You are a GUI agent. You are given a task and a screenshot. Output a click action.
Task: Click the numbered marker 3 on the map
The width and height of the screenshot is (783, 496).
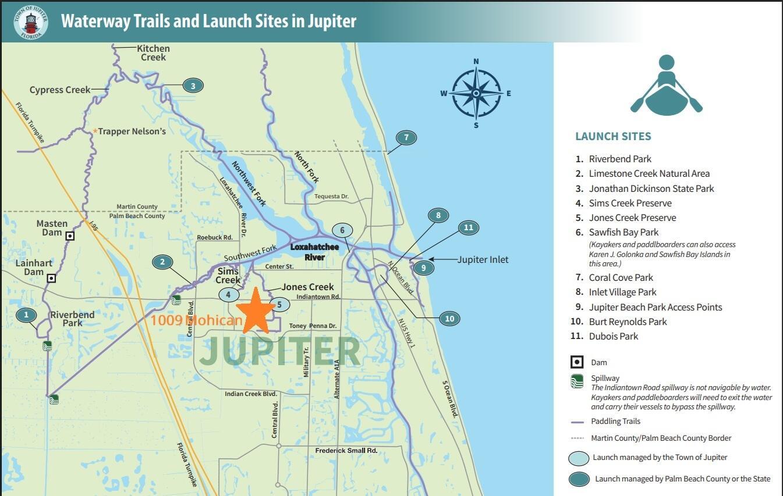[x=193, y=86]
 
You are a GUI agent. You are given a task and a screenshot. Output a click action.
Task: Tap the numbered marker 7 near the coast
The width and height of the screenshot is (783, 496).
[x=406, y=138]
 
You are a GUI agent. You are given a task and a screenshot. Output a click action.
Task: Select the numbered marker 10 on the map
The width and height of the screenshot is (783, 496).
[x=449, y=318]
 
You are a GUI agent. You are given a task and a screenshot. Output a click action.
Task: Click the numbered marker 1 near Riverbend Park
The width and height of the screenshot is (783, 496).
[x=26, y=315]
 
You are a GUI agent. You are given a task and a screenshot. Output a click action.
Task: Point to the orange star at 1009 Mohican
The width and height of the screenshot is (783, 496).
[x=256, y=311]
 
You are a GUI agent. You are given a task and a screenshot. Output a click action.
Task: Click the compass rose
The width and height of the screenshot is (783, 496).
[x=476, y=93]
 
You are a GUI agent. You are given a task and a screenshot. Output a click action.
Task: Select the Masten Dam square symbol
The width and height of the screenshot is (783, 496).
[x=70, y=235]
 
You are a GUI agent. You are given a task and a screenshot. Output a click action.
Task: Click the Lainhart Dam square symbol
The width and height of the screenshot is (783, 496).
[x=51, y=278]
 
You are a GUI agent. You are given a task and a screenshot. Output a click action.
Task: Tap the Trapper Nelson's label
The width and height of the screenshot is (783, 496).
[x=132, y=131]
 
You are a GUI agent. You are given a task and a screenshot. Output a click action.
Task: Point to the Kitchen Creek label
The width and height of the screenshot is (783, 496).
[x=153, y=53]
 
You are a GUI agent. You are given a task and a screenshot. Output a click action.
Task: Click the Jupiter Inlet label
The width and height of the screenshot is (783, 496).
[x=483, y=259]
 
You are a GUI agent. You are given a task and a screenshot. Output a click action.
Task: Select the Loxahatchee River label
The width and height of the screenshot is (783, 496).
[x=314, y=252]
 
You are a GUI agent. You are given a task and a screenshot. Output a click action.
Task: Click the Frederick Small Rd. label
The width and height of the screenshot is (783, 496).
[x=346, y=451]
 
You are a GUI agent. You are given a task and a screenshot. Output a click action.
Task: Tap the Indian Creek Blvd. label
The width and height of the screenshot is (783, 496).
[x=251, y=394]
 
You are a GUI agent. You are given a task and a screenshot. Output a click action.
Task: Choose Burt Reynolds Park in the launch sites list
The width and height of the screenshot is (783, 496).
[x=627, y=322]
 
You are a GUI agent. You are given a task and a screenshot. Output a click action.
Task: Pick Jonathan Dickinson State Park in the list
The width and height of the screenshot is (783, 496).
[x=651, y=188]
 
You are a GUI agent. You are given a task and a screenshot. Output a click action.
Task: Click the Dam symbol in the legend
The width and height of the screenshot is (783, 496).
[x=576, y=362]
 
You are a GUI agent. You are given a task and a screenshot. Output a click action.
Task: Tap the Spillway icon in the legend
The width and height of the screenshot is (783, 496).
[x=576, y=381]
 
